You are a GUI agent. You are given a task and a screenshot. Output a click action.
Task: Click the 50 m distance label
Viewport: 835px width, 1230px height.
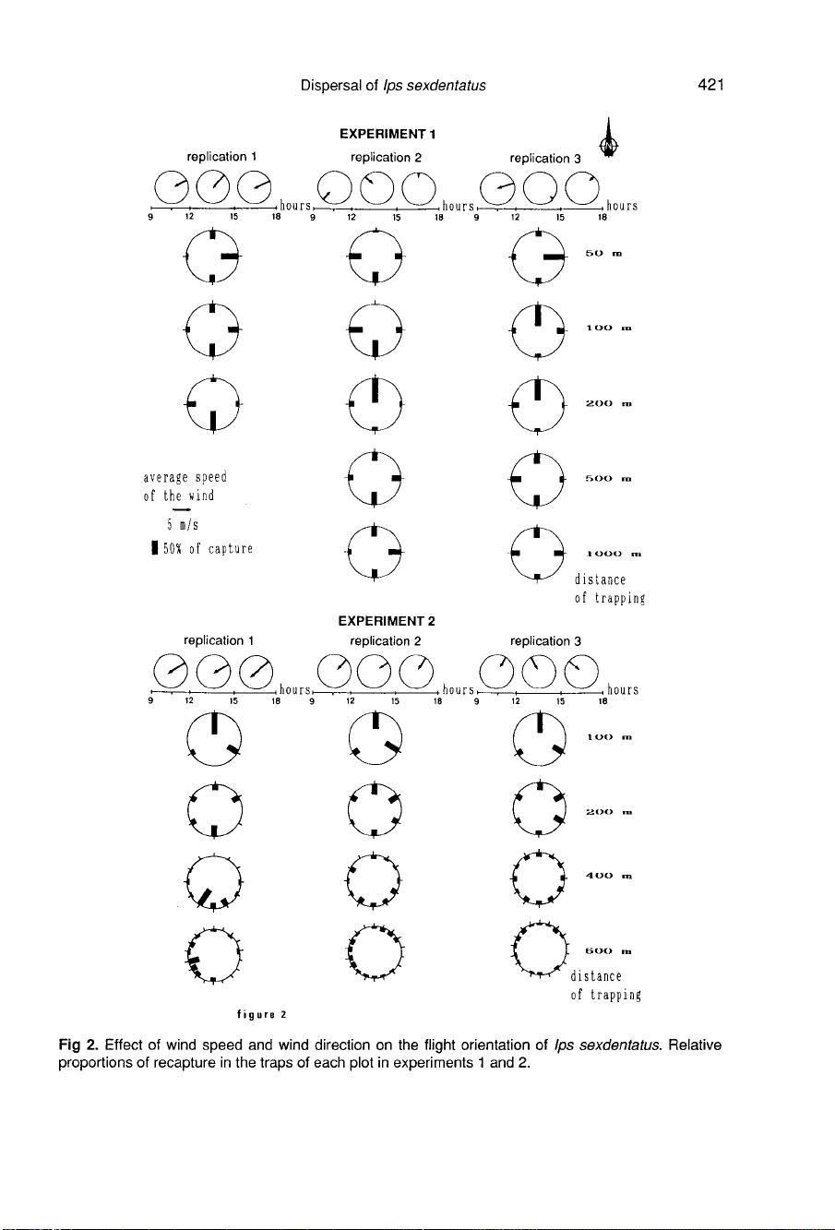pyautogui.click(x=606, y=251)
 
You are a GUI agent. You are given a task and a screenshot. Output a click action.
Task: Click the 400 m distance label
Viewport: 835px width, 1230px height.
pyautogui.click(x=607, y=876)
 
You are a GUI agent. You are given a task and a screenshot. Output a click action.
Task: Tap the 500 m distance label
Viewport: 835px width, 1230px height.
pyautogui.click(x=607, y=479)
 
